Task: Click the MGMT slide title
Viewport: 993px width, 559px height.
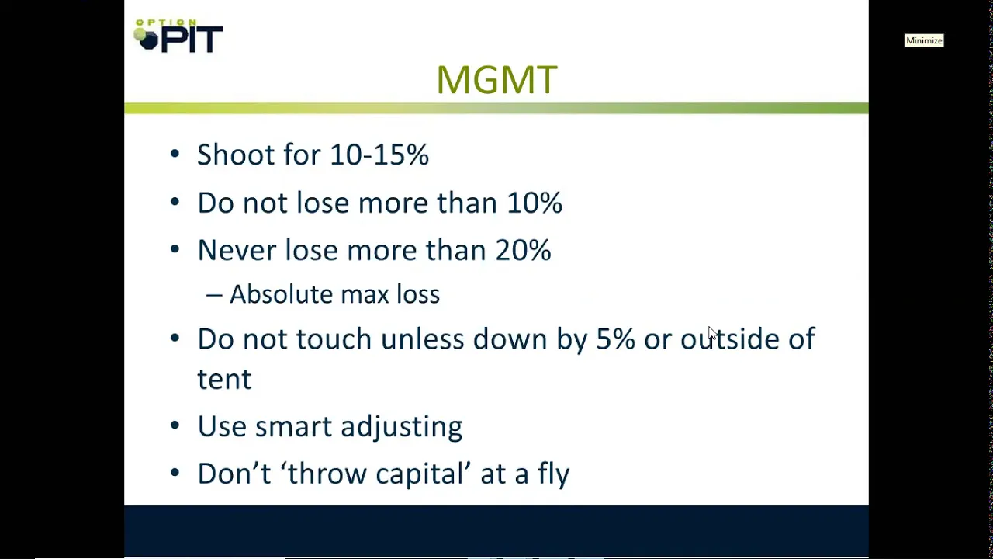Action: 496,80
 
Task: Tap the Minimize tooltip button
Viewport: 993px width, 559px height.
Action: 924,41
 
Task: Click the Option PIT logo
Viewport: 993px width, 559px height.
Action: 178,36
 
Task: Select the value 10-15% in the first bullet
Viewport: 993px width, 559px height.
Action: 379,155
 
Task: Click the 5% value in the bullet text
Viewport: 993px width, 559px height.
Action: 615,339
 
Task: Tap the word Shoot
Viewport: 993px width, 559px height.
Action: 235,155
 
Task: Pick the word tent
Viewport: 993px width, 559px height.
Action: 224,379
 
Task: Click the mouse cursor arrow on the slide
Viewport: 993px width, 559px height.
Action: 712,333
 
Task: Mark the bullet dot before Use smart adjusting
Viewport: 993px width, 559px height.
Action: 175,425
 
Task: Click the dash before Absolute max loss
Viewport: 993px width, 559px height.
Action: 214,295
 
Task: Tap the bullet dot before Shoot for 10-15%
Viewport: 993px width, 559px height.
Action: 175,154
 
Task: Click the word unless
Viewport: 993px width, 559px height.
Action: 422,339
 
